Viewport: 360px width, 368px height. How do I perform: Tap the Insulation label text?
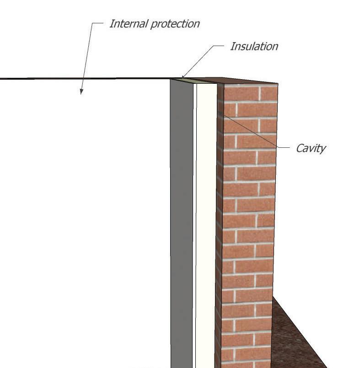254,46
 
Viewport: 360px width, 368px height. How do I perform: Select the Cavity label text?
311,148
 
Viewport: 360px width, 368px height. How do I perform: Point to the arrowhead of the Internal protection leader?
81,92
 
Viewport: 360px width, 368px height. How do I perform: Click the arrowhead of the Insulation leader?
183,76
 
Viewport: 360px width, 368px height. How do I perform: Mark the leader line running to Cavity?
256,133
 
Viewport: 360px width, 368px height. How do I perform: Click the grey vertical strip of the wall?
182,220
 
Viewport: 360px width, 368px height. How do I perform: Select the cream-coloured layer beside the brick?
207,220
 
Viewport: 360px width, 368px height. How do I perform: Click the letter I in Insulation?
232,46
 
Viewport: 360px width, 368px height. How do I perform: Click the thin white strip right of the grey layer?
195,220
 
